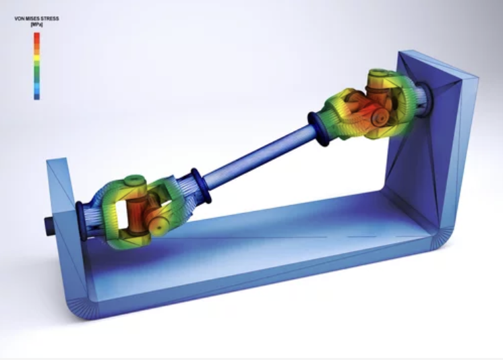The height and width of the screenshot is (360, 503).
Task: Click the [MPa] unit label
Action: (36, 24)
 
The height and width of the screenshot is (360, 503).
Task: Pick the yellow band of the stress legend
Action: (37, 58)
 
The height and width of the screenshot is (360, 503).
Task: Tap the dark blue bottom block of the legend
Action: (37, 96)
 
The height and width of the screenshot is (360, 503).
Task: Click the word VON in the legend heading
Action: (20, 19)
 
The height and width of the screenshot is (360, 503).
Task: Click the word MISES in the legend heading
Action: (34, 19)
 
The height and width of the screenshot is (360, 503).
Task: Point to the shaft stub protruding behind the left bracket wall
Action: (49, 226)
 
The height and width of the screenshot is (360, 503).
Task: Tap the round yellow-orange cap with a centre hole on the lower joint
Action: (158, 226)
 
